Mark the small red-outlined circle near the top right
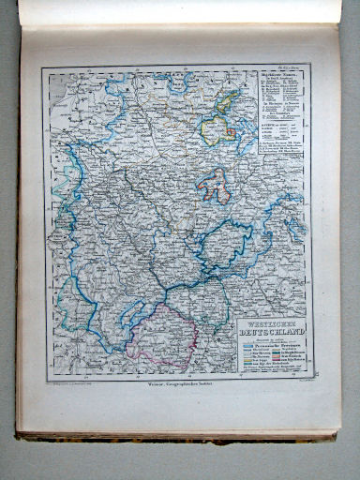click(229, 132)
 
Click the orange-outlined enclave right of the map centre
click(214, 186)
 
